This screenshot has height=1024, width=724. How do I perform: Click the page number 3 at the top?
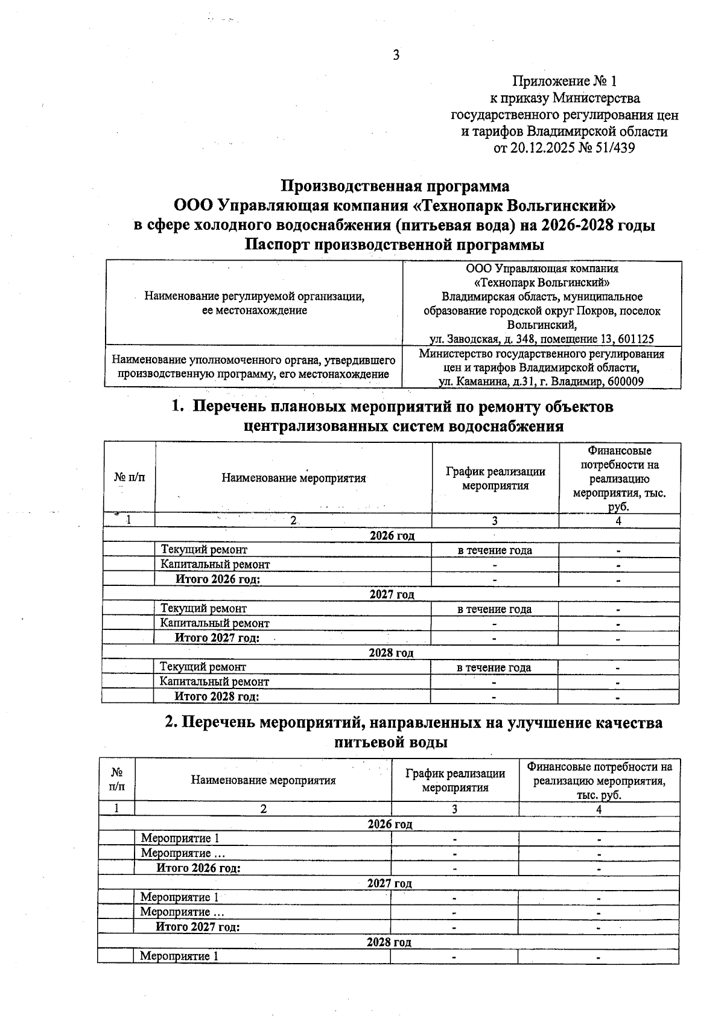click(x=396, y=56)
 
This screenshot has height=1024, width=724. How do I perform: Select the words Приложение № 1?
click(x=565, y=81)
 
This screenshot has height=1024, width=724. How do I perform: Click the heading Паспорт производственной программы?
click(x=395, y=244)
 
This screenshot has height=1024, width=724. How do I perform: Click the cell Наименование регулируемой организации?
click(x=254, y=296)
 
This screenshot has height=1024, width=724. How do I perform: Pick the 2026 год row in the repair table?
click(x=392, y=536)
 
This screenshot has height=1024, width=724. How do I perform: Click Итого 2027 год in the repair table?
click(x=217, y=638)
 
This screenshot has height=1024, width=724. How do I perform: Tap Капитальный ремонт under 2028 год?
click(x=214, y=682)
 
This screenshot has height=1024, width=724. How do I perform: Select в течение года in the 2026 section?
click(x=495, y=550)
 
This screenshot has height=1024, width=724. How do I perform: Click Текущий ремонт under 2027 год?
click(x=203, y=609)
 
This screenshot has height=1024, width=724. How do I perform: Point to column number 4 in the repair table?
click(x=618, y=521)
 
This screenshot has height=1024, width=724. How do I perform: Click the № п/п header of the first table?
click(x=130, y=478)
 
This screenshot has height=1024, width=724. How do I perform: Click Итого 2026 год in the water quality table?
click(x=198, y=868)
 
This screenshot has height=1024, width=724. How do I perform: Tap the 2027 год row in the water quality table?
click(x=390, y=883)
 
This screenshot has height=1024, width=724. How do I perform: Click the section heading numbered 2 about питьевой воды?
click(x=414, y=732)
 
